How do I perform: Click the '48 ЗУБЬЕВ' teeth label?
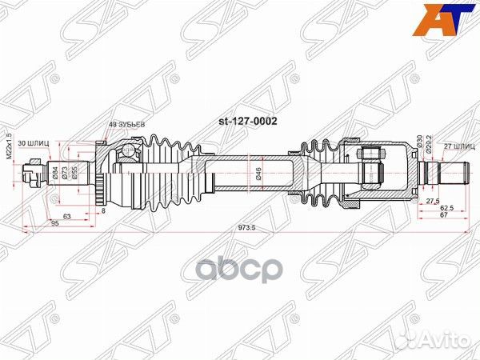(x=127, y=124)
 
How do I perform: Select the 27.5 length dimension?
(x=431, y=200)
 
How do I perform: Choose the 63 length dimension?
(x=66, y=215)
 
